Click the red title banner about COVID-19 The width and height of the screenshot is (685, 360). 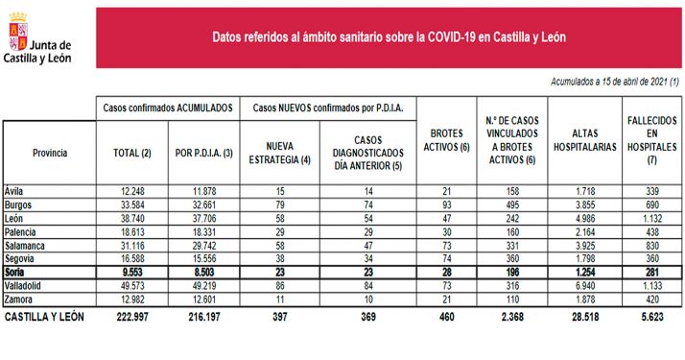pyautogui.click(x=389, y=37)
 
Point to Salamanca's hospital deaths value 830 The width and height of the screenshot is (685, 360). pyautogui.click(x=656, y=246)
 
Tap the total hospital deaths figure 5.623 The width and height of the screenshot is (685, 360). pyautogui.click(x=655, y=316)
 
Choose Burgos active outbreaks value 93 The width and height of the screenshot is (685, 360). pyautogui.click(x=444, y=205)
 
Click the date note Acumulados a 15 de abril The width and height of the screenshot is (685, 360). pyautogui.click(x=614, y=83)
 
